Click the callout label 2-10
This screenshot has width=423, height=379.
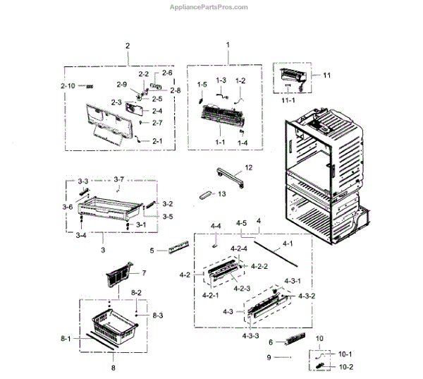tap(68, 85)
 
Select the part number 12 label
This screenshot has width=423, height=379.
tap(247, 167)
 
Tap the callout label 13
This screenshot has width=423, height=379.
tap(223, 193)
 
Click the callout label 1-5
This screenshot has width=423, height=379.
tap(202, 85)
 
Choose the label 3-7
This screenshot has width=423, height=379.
tap(118, 181)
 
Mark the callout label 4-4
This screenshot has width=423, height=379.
tap(216, 226)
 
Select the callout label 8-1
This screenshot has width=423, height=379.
tap(66, 339)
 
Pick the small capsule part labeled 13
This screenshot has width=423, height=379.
tap(206, 194)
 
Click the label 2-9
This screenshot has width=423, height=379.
tap(122, 85)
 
